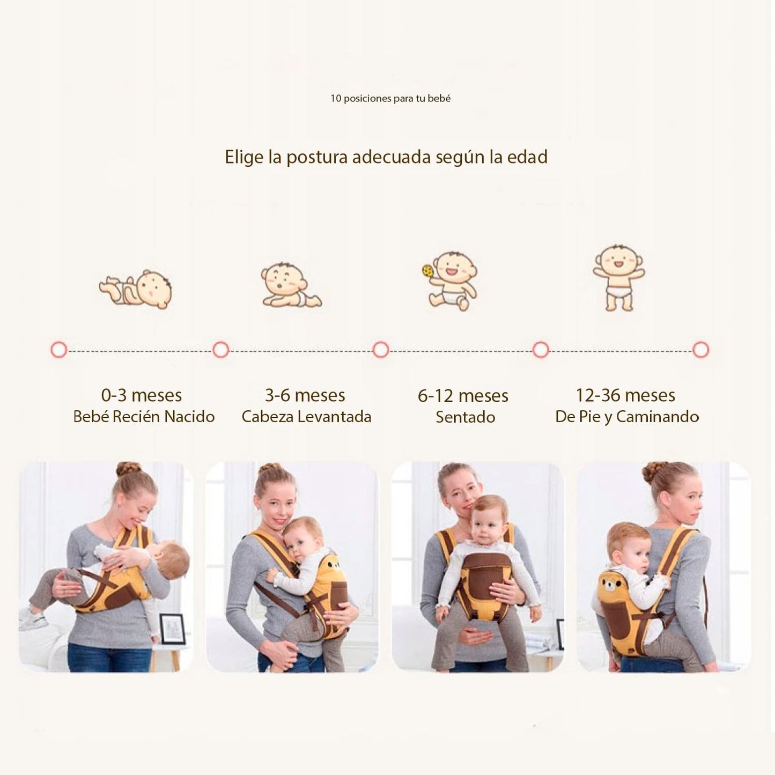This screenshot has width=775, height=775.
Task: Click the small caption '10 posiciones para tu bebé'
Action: tap(390, 99)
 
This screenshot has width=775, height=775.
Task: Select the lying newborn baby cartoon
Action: tap(136, 290)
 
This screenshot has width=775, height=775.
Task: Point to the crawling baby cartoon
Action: tap(290, 286)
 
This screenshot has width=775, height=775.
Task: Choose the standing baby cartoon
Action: tap(619, 277)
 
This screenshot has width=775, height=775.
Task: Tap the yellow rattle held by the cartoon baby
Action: tap(427, 271)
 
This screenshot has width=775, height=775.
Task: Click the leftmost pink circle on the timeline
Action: tap(59, 350)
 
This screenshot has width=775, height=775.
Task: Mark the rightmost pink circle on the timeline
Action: tap(700, 350)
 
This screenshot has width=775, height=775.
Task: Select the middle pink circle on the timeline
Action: tap(380, 350)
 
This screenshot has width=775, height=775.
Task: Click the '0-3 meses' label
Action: tap(142, 396)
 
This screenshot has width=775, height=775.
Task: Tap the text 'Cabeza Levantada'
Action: tap(306, 417)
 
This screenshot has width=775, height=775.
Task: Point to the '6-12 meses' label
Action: tap(463, 396)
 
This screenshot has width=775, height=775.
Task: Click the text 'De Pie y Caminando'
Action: tap(627, 417)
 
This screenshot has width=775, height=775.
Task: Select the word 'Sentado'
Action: tap(465, 417)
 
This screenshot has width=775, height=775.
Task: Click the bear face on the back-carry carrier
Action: tap(610, 583)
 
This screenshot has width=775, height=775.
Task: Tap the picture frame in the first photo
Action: tap(172, 629)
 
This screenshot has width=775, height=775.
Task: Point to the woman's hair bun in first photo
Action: tap(128, 469)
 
